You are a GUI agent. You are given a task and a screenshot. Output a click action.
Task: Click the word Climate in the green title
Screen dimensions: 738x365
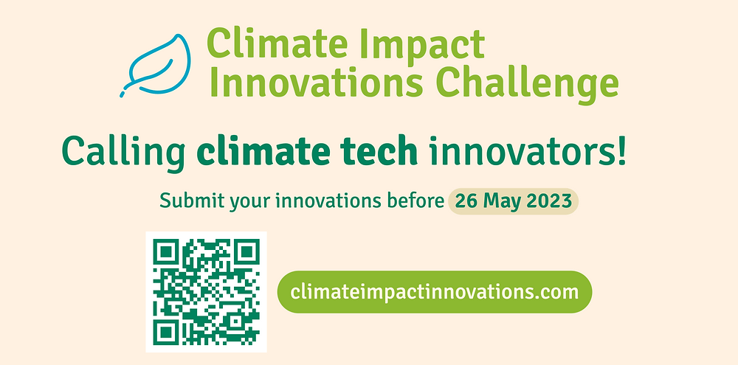[259, 44]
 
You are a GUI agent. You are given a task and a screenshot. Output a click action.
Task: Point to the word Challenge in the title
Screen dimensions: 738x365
[527, 84]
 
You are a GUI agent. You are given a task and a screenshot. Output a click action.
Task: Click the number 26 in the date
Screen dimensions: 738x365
[466, 201]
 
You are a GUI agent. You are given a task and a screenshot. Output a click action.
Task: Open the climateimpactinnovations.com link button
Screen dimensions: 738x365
[435, 292]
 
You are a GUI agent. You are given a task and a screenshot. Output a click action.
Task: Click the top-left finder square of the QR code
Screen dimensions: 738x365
[166, 252]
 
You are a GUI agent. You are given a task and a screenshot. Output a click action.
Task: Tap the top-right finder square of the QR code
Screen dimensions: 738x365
[246, 252]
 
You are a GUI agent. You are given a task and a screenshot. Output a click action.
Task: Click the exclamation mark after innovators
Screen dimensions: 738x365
[621, 150]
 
